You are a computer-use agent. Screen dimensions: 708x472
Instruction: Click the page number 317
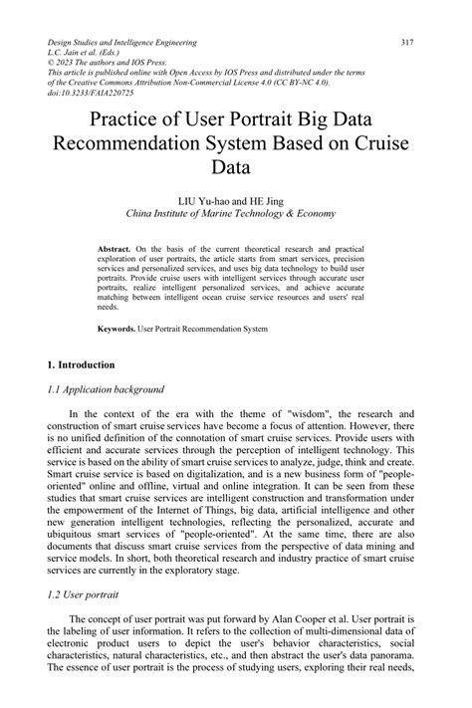tap(406, 43)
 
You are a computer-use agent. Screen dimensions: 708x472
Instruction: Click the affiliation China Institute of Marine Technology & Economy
tap(230, 213)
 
